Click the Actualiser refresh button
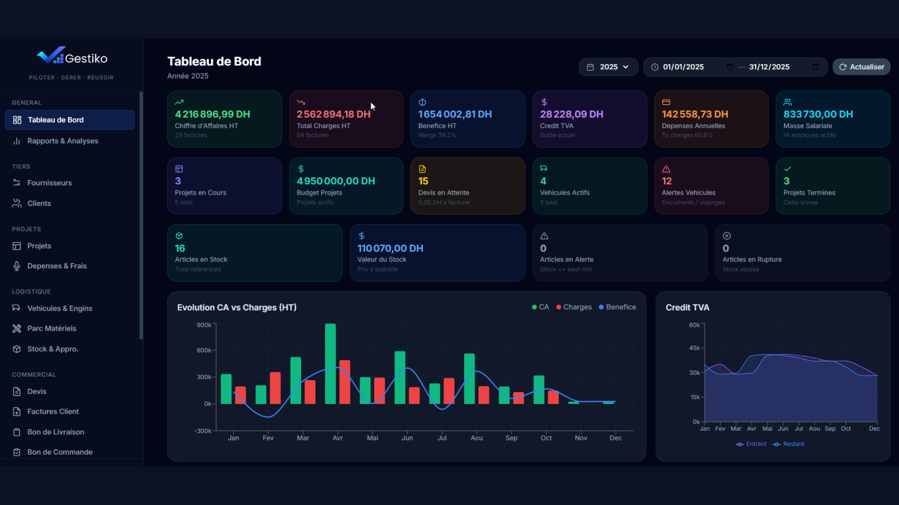861,67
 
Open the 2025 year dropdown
608,67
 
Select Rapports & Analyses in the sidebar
62,141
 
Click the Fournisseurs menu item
49,183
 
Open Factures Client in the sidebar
53,411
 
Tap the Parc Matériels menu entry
52,328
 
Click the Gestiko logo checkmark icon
51,56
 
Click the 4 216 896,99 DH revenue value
212,114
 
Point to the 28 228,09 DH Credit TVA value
571,114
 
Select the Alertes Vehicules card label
688,193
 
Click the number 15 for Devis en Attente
423,181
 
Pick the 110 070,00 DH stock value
390,248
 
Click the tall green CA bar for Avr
330,363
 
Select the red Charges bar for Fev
275,388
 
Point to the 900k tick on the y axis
204,325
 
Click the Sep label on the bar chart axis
511,438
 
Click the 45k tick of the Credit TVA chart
694,348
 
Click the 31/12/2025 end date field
769,67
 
